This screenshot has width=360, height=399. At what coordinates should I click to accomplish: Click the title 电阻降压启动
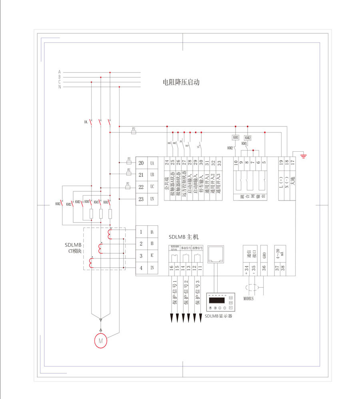pos(181,83)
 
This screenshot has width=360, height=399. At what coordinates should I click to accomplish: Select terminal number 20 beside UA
pos(141,163)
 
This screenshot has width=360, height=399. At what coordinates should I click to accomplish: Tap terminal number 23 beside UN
pos(141,199)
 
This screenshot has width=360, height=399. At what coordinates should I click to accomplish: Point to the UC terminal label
pos(152,187)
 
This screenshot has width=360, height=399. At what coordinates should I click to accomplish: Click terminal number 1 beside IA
pos(141,232)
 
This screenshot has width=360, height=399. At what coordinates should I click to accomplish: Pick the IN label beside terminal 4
pos(152,268)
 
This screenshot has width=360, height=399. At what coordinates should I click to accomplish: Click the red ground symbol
pos(304,155)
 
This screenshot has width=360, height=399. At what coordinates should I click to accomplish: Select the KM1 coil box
pos(236,138)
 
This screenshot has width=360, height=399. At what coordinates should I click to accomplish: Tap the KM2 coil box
pos(248,138)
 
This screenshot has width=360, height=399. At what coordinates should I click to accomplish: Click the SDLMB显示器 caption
pos(218,316)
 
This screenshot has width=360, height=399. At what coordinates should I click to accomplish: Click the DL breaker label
pos(86,122)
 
